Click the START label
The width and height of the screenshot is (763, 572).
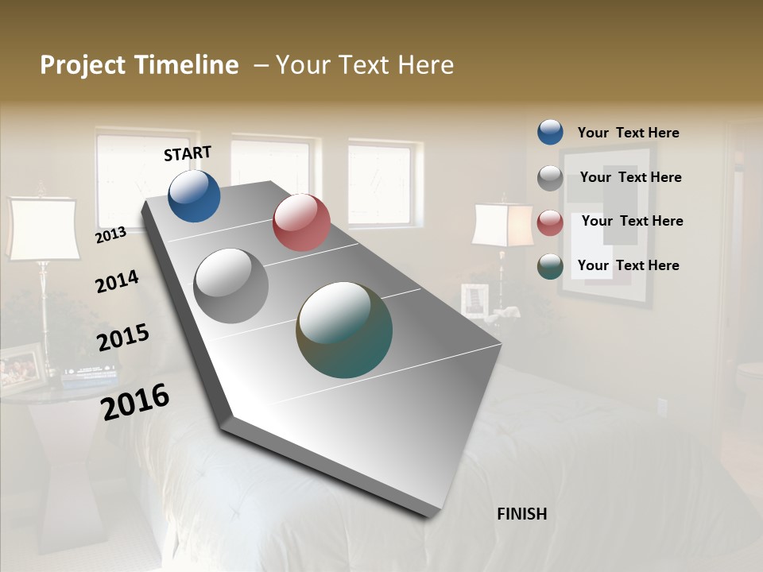pos(188,153)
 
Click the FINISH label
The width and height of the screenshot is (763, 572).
pos(522,514)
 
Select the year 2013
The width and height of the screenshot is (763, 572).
pos(110,235)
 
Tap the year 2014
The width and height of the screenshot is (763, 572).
pos(117,281)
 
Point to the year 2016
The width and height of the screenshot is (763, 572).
pos(136,402)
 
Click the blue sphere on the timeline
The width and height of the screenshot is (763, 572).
pos(194,195)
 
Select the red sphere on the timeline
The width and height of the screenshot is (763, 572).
pos(301,222)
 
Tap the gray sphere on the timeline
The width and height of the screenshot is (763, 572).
pos(231,286)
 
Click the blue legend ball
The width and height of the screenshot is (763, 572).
pos(550,133)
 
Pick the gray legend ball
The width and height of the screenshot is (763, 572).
pos(550,178)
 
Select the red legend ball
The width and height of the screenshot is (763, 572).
pos(550,222)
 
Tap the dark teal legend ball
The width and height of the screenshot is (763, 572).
pos(550,266)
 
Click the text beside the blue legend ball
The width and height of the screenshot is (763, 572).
pos(628,133)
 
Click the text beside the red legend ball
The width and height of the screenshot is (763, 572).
pos(632,221)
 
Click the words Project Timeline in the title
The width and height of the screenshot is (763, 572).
pos(139,65)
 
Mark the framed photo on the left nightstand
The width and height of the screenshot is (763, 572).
pos(21,366)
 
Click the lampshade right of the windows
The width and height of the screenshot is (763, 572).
pos(502,225)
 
